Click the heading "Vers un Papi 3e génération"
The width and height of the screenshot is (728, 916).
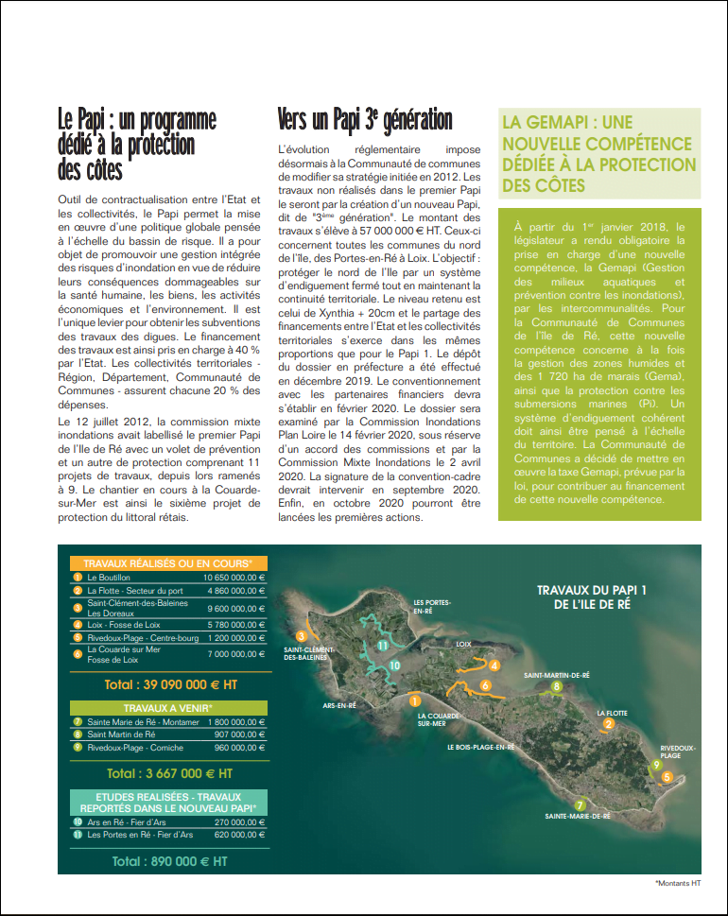pyautogui.click(x=365, y=120)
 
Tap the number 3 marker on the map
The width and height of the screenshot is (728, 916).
pyautogui.click(x=302, y=635)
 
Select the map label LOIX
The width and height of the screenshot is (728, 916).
pyautogui.click(x=463, y=644)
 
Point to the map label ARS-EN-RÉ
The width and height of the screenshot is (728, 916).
pyautogui.click(x=338, y=705)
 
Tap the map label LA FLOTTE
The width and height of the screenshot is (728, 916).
pyautogui.click(x=613, y=712)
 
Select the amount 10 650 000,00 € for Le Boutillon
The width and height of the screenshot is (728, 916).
pyautogui.click(x=234, y=576)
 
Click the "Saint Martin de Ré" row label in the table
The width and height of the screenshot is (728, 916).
pyautogui.click(x=121, y=735)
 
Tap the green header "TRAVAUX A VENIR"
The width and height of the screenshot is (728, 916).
pyautogui.click(x=167, y=707)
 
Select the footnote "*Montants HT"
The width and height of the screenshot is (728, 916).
pyautogui.click(x=678, y=883)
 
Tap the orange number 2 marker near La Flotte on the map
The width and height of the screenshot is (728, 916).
pyautogui.click(x=609, y=724)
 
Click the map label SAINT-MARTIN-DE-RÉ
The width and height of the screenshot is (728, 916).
pyautogui.click(x=557, y=675)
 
